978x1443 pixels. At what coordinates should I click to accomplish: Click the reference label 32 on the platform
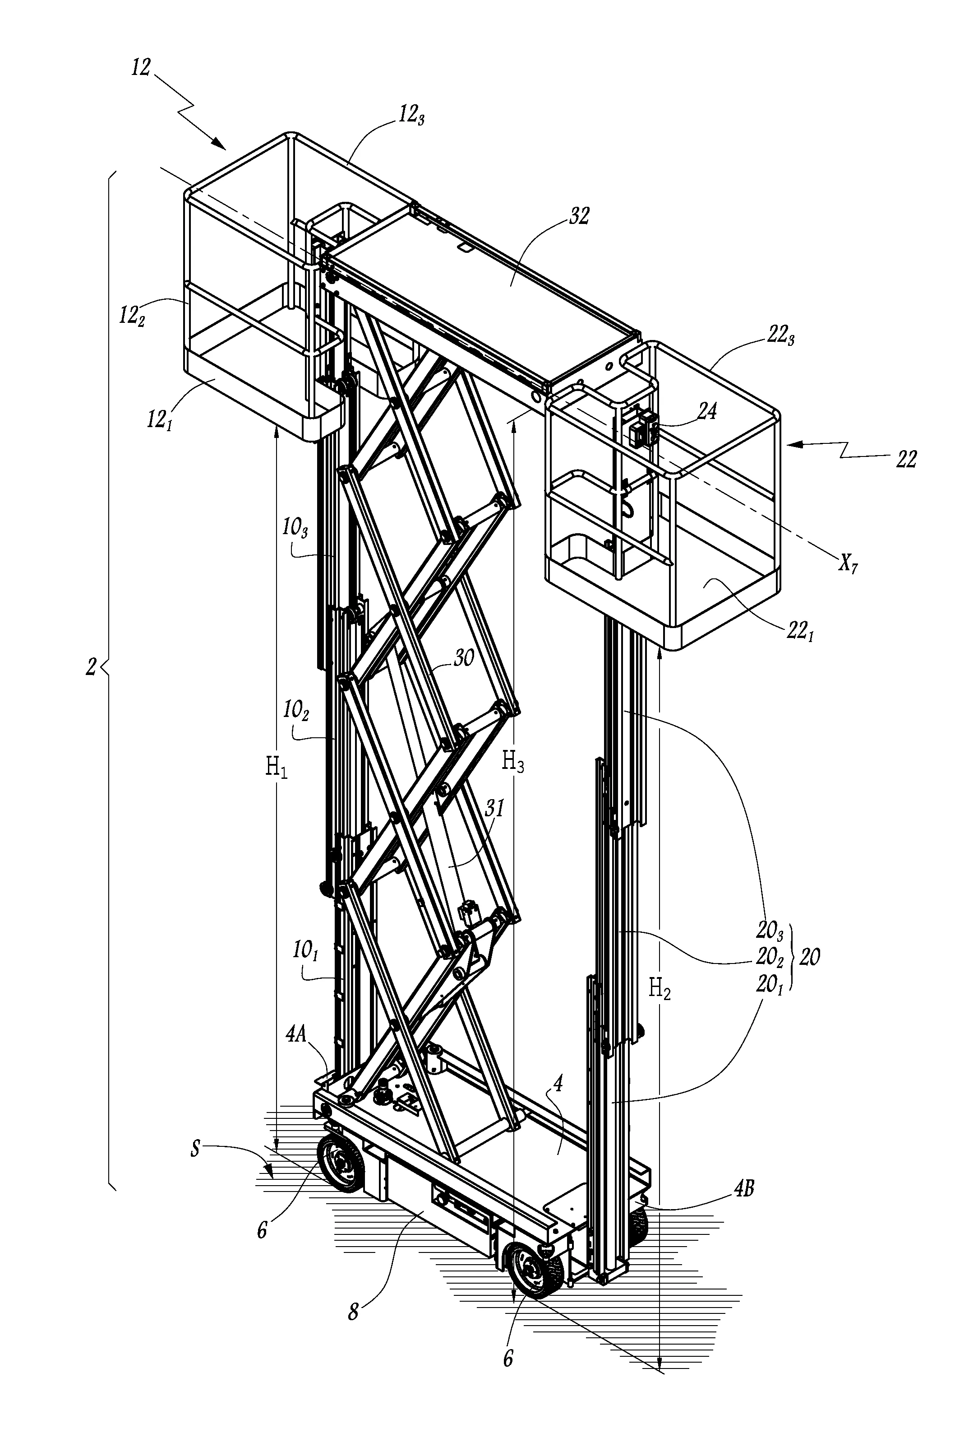(578, 217)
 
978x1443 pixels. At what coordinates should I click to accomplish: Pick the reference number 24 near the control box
(707, 411)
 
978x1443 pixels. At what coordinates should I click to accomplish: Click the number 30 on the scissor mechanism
(464, 658)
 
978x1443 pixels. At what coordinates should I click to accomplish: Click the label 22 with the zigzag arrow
(906, 460)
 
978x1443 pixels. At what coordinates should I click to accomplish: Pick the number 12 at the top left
(141, 67)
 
